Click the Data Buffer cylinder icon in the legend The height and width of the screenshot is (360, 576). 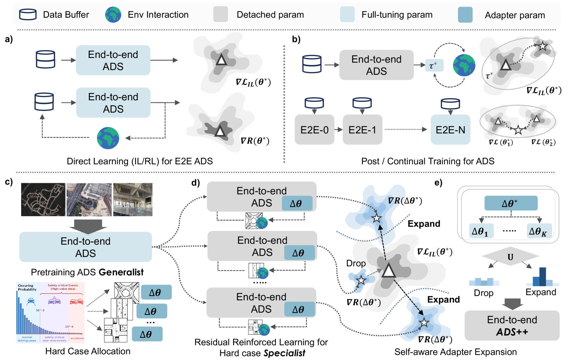pyautogui.click(x=28, y=15)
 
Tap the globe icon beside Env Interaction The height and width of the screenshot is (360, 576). pyautogui.click(x=113, y=15)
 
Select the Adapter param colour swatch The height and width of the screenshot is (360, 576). pyautogui.click(x=465, y=15)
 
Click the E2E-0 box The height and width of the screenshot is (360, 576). pyautogui.click(x=314, y=130)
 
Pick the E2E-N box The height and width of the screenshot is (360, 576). pyautogui.click(x=450, y=130)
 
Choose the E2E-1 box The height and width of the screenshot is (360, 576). pyautogui.click(x=362, y=130)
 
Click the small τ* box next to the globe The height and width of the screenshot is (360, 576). pyautogui.click(x=434, y=66)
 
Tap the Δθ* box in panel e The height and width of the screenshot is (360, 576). pyautogui.click(x=511, y=203)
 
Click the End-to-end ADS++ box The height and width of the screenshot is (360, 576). pyautogui.click(x=512, y=325)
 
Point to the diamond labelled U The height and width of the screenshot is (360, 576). pyautogui.click(x=510, y=257)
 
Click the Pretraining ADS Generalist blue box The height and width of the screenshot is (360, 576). pyautogui.click(x=86, y=247)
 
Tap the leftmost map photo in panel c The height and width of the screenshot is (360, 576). pyautogui.click(x=43, y=199)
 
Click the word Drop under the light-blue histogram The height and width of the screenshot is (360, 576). pyautogui.click(x=483, y=293)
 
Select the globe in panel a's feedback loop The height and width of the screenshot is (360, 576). pyautogui.click(x=108, y=138)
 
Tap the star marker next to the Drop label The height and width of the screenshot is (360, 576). pyautogui.click(x=361, y=280)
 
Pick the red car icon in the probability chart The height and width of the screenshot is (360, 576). pyautogui.click(x=76, y=301)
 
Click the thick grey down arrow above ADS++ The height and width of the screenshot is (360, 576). pyautogui.click(x=512, y=304)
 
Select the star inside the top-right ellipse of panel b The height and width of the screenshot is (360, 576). pyautogui.click(x=542, y=46)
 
